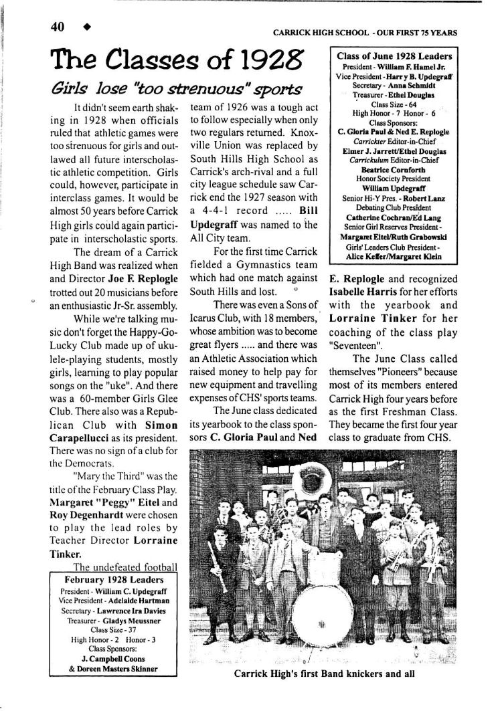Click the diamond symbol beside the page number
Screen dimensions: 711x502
[86, 27]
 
